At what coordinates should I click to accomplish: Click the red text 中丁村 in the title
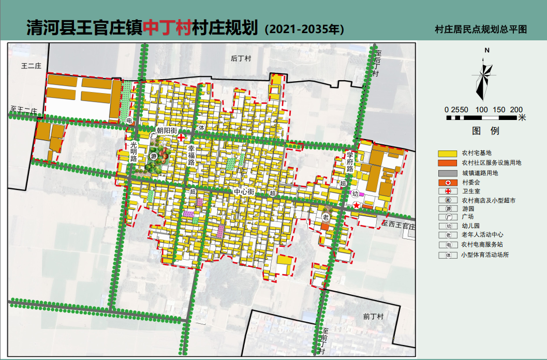pyautogui.click(x=167, y=27)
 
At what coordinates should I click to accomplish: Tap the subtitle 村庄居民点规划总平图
pyautogui.click(x=481, y=29)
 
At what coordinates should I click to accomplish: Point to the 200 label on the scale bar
pyautogui.click(x=516, y=110)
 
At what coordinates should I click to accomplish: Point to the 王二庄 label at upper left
pyautogui.click(x=31, y=66)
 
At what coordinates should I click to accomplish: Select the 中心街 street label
pyautogui.click(x=244, y=191)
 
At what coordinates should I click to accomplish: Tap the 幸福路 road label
pyautogui.click(x=191, y=155)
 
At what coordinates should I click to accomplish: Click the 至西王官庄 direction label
pyautogui.click(x=399, y=226)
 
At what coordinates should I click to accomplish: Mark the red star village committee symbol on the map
pyautogui.click(x=357, y=205)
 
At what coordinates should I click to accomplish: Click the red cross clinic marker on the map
pyautogui.click(x=181, y=137)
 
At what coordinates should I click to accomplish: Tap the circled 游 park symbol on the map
pyautogui.click(x=153, y=156)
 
